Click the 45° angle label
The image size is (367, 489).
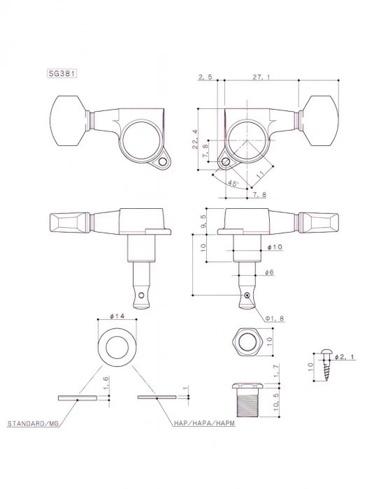pos(233,183)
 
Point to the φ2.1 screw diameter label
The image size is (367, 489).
pos(345,357)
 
